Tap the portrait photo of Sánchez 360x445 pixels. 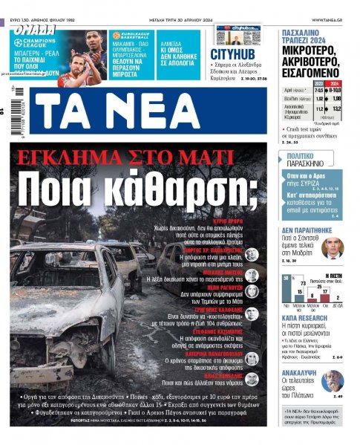pos(333,248)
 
